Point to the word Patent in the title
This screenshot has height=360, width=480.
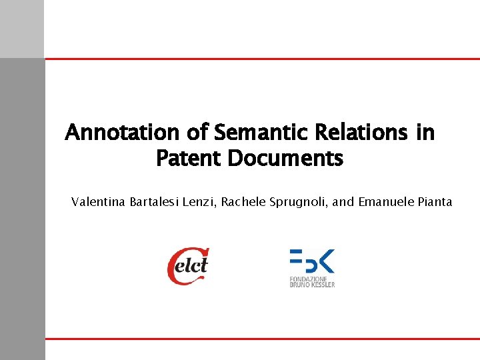[189, 159]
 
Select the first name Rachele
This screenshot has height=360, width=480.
[243, 201]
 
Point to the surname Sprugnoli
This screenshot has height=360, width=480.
[297, 201]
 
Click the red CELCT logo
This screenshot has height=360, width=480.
[188, 266]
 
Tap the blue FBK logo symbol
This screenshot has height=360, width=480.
[311, 260]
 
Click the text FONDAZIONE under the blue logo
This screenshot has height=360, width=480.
[307, 279]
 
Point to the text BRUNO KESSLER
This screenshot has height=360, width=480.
[312, 285]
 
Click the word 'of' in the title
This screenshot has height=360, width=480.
[197, 133]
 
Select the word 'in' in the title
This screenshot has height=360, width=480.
[425, 133]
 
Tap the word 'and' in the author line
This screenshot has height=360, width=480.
[343, 201]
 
